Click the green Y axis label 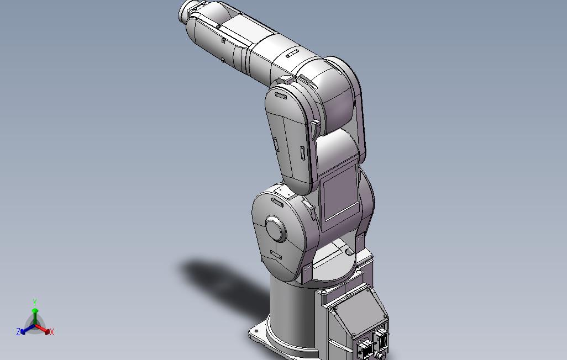click(34, 303)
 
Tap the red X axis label click(51, 332)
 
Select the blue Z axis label click(18, 332)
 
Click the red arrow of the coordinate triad click(44, 329)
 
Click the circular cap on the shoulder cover click(275, 228)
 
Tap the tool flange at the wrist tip click(186, 11)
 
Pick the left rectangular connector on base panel click(365, 347)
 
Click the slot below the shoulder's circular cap click(275, 256)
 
